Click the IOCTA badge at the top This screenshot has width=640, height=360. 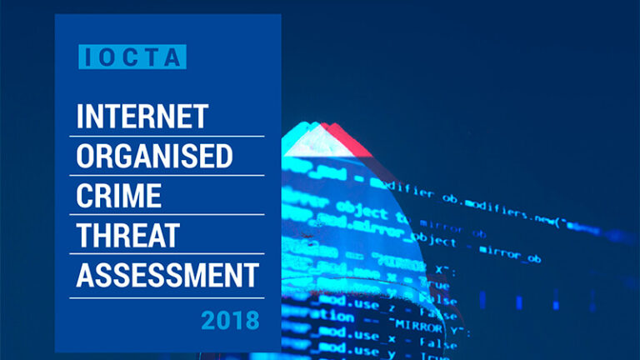click(x=132, y=56)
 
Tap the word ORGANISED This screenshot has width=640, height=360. click(x=154, y=157)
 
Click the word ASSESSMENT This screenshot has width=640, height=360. click(x=167, y=275)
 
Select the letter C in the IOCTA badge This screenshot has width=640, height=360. click(x=132, y=56)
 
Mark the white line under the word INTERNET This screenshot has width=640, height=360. click(x=169, y=136)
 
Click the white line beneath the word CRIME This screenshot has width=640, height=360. click(x=169, y=215)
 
